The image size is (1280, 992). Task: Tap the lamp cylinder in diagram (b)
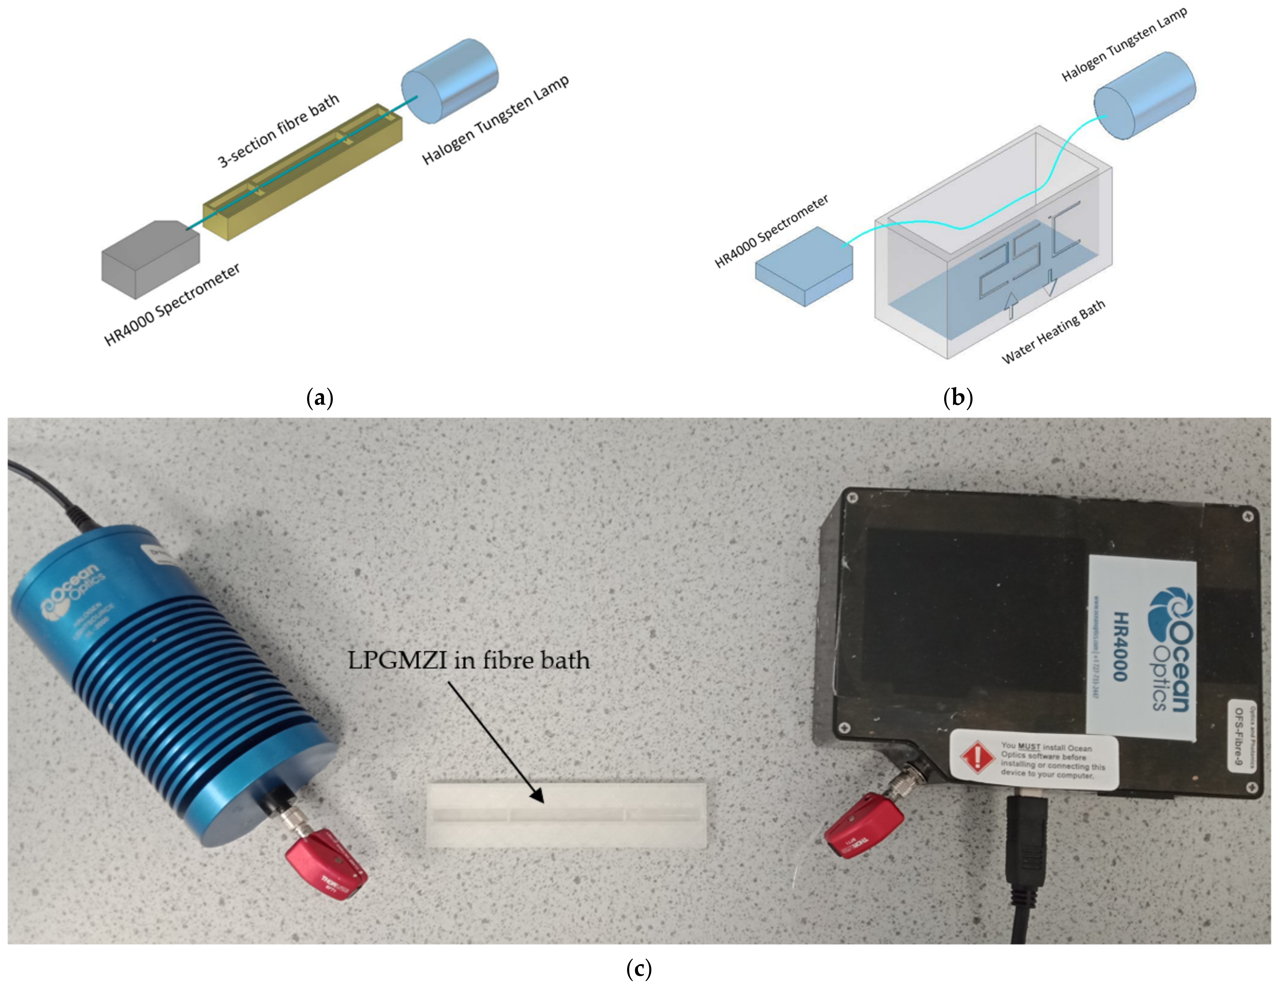(x=1144, y=95)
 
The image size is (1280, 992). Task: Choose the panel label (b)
(x=958, y=398)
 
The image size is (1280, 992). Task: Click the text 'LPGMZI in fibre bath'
(x=469, y=661)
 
